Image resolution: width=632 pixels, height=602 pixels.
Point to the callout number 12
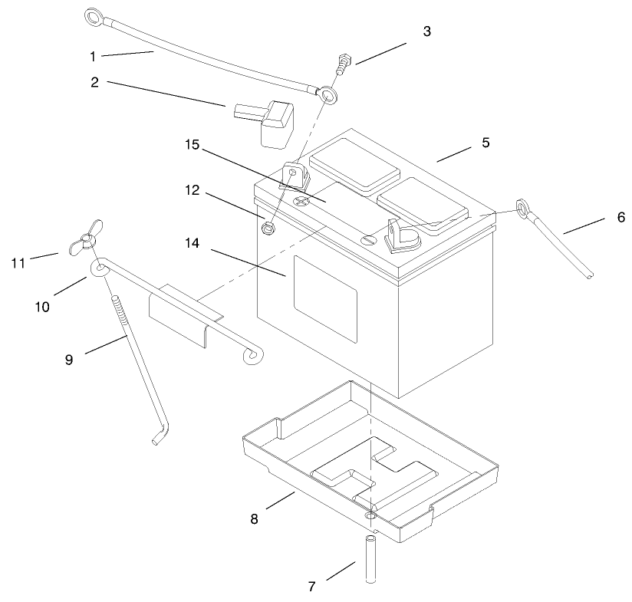193,190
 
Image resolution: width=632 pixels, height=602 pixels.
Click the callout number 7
311,587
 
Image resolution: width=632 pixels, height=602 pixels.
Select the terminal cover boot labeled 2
265,123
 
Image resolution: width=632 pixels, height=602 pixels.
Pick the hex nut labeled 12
268,227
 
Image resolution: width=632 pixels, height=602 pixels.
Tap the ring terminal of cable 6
520,206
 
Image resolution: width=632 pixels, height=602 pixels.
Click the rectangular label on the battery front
326,298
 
